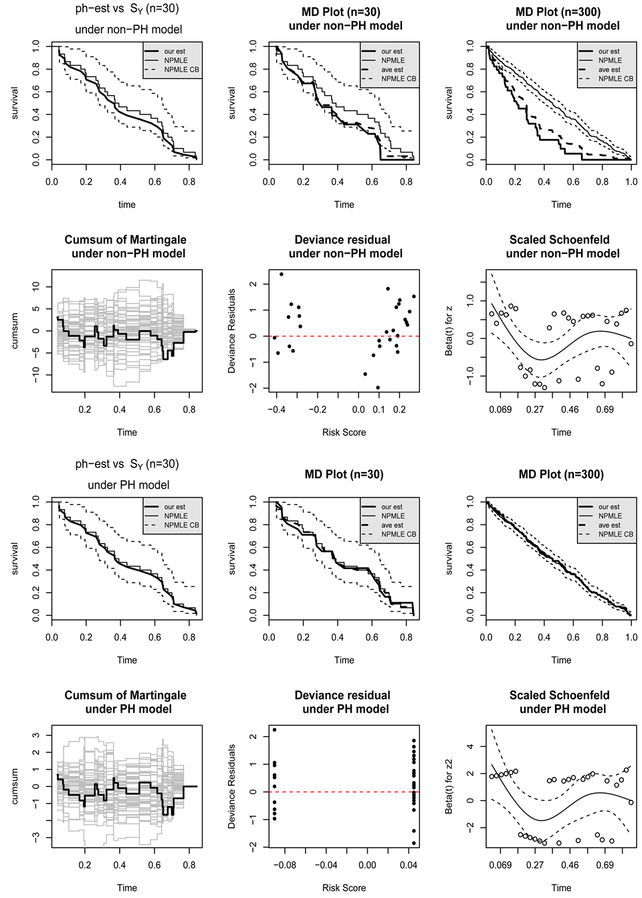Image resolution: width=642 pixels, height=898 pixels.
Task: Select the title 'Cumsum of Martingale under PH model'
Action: point(126,702)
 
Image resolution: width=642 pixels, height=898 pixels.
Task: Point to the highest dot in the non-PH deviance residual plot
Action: point(282,274)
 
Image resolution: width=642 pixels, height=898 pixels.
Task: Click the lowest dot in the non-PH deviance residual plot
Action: point(378,387)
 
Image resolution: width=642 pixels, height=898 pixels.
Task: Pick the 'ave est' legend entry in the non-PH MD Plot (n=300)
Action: point(609,70)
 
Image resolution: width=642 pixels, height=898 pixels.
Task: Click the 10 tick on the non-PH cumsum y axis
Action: point(36,286)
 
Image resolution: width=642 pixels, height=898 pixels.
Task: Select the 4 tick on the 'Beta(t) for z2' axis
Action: point(470,746)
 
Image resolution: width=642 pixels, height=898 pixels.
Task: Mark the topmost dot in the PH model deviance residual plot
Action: point(274,729)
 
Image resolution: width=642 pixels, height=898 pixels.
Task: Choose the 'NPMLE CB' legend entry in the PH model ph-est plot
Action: point(181,525)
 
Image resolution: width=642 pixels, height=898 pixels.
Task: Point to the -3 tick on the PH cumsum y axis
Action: point(36,836)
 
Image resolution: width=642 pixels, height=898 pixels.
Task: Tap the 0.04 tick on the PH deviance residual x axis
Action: point(409,865)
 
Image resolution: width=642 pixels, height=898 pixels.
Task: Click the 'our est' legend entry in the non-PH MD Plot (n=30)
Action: point(391,51)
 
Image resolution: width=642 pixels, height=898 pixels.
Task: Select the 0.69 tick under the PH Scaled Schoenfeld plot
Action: point(605,865)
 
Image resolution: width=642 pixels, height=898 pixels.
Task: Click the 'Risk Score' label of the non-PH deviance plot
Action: point(344,433)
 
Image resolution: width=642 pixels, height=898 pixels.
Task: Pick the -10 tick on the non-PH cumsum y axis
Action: point(36,375)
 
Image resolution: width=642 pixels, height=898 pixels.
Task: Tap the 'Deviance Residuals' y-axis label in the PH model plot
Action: point(232,786)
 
